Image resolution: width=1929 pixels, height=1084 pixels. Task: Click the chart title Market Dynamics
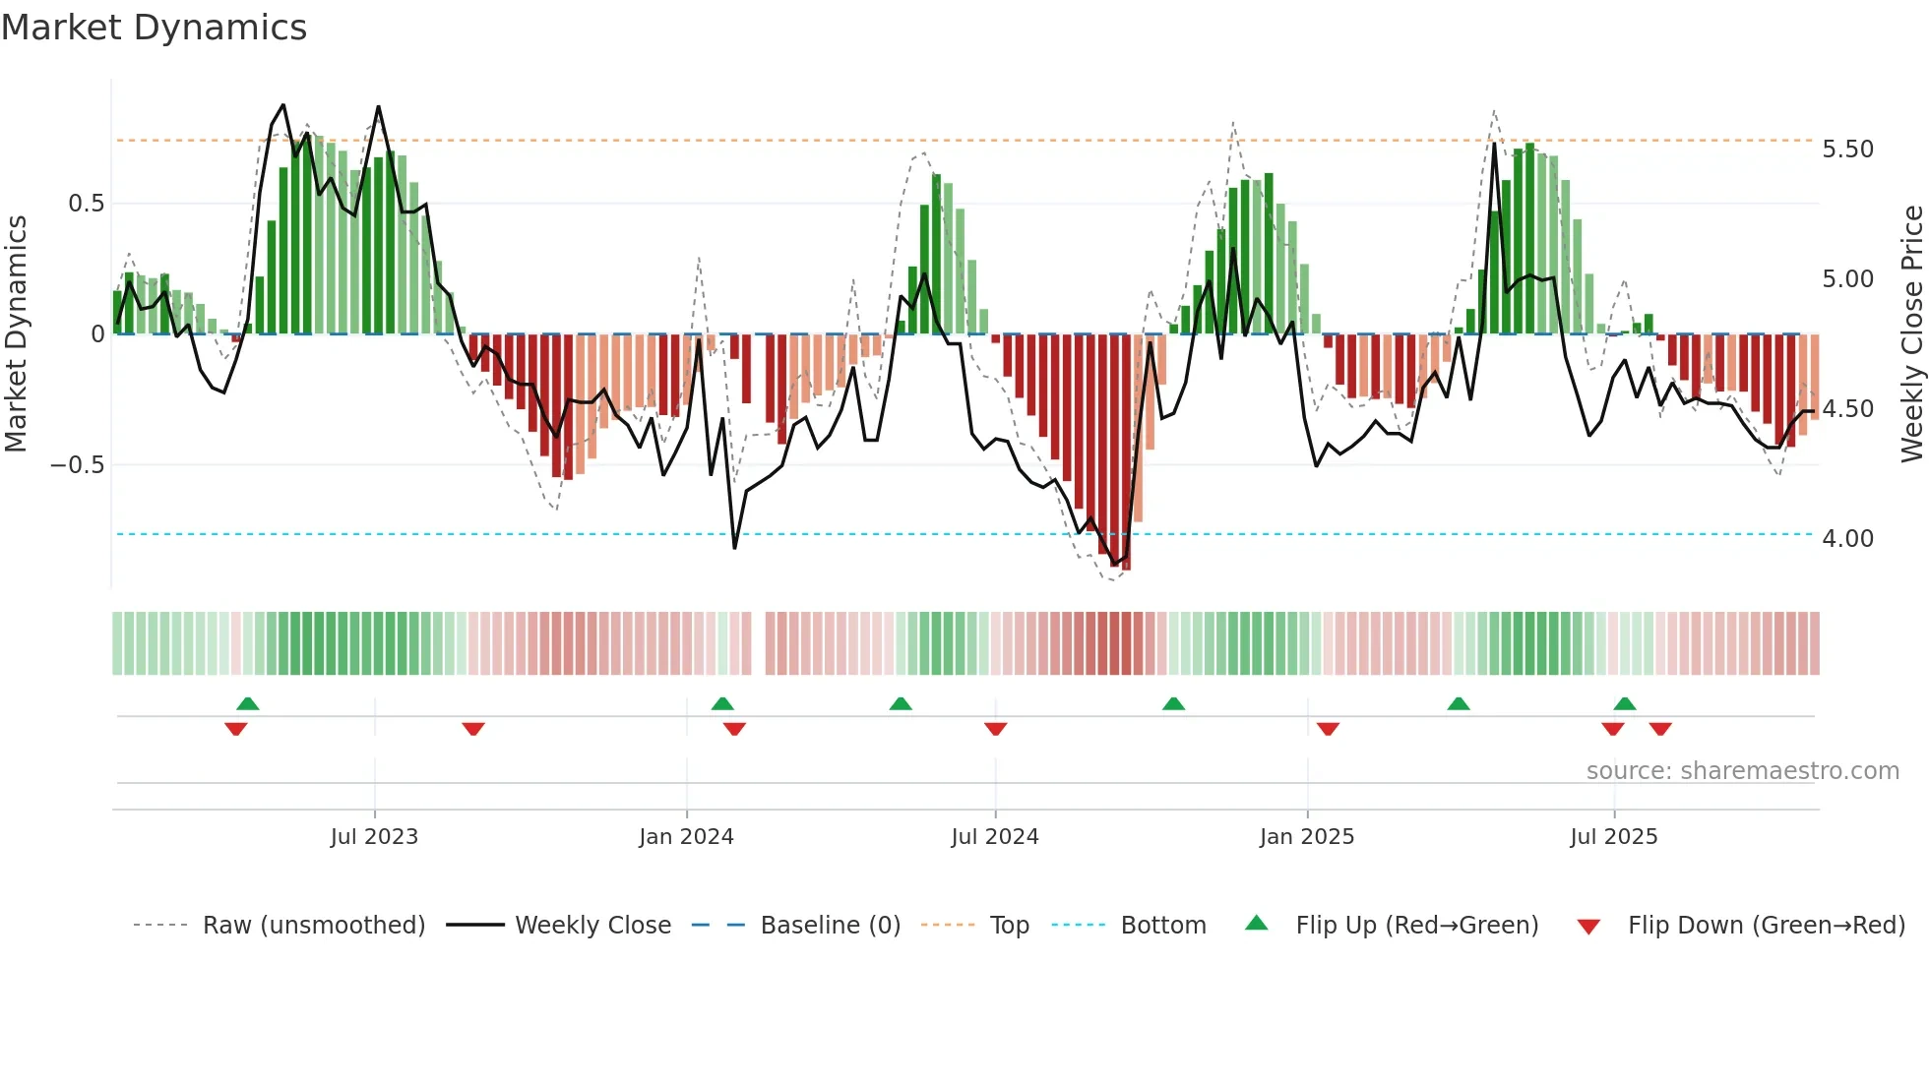pyautogui.click(x=155, y=28)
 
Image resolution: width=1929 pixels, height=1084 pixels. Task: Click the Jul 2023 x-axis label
pyautogui.click(x=374, y=837)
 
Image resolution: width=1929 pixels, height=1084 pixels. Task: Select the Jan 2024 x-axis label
pyautogui.click(x=686, y=837)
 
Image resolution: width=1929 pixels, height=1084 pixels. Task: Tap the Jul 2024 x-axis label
pyautogui.click(x=995, y=837)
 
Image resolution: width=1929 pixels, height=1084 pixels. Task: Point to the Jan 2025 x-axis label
pyautogui.click(x=1307, y=837)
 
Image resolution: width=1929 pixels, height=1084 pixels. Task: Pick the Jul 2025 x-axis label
pyautogui.click(x=1614, y=837)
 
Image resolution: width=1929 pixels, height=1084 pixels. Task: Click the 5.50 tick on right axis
pyautogui.click(x=1847, y=150)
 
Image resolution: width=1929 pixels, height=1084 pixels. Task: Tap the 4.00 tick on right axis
pyautogui.click(x=1847, y=539)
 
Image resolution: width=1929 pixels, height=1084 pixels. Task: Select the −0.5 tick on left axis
pyautogui.click(x=77, y=465)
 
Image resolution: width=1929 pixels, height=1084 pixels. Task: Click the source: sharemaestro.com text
pyautogui.click(x=1742, y=771)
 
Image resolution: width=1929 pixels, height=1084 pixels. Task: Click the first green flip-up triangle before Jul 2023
pyautogui.click(x=248, y=704)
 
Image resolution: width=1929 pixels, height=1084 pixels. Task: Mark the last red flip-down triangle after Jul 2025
pyautogui.click(x=1660, y=729)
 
